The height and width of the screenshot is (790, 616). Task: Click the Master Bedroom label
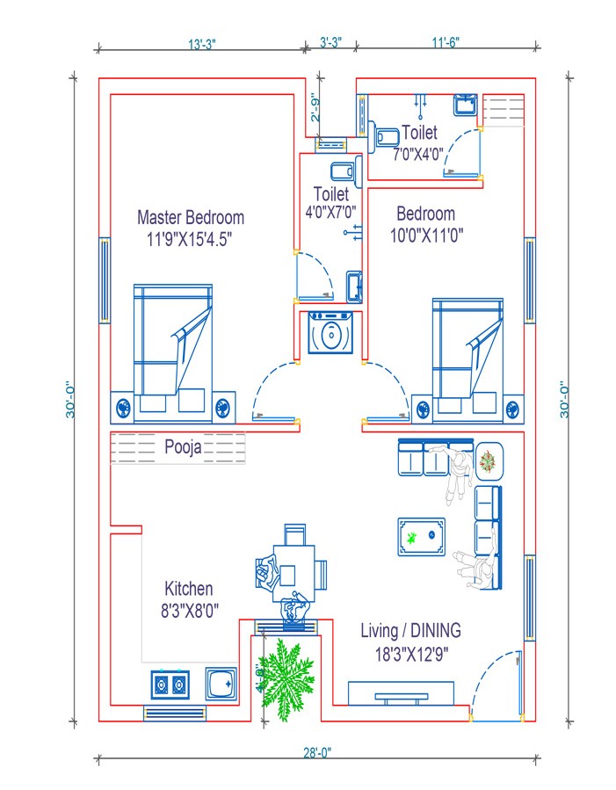tap(191, 217)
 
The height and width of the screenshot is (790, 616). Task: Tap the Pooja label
tap(183, 447)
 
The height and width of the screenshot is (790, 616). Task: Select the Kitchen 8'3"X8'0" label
tap(189, 598)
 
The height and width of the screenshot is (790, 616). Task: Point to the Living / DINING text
tap(411, 630)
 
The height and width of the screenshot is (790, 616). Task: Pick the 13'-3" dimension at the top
tap(207, 41)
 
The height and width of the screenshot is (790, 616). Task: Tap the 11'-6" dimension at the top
tap(446, 41)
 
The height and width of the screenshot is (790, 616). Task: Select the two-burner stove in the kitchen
tap(170, 683)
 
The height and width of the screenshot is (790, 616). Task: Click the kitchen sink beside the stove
tap(221, 683)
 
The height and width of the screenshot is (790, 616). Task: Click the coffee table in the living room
tap(421, 536)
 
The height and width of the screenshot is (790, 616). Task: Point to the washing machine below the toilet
tap(330, 334)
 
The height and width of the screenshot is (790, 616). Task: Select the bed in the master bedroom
tap(173, 347)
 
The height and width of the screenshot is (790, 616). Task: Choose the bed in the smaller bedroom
tap(467, 352)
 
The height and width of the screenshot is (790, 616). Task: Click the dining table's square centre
tap(287, 575)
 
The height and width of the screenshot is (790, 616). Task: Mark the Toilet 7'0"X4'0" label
tap(419, 143)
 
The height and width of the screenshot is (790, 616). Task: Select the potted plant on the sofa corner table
tap(488, 460)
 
